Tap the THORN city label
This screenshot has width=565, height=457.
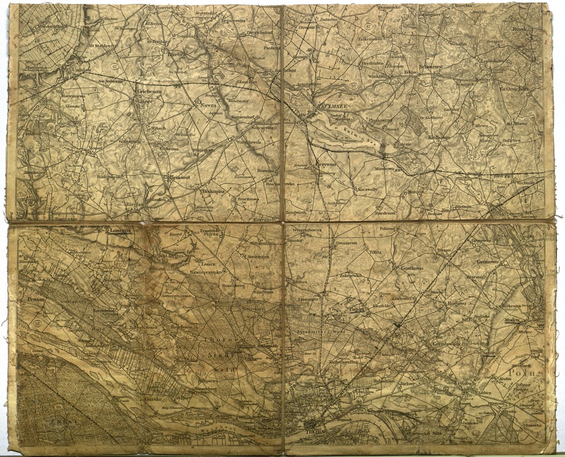tap(316, 433)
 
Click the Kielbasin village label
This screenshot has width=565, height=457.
tap(439, 137)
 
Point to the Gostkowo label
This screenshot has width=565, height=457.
tap(412, 268)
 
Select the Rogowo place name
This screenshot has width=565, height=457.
tap(457, 303)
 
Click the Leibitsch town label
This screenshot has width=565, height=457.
tap(466, 383)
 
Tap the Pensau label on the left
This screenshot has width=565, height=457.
tap(36, 298)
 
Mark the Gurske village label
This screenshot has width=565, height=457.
tap(152, 398)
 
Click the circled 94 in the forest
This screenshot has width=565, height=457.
tap(58, 407)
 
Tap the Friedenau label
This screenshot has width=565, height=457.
tap(386, 213)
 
